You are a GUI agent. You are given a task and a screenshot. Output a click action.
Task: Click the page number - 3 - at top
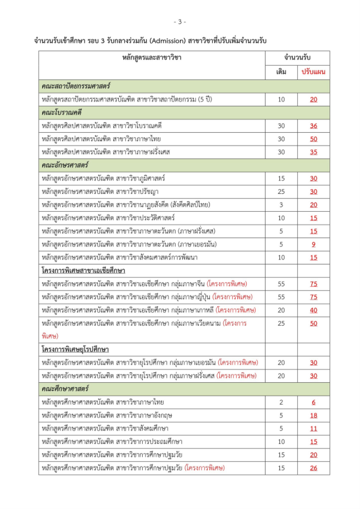180,22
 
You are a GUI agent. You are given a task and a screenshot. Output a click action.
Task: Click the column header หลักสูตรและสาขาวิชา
152,58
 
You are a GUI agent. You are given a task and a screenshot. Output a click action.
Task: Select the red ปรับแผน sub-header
313,72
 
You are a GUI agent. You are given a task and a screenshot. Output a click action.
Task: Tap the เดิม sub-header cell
281,72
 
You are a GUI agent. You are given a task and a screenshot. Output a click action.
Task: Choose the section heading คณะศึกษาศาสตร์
65,388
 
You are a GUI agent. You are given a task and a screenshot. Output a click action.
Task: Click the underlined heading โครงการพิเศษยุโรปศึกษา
76,349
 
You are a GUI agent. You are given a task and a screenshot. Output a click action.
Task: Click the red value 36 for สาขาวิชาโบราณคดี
313,126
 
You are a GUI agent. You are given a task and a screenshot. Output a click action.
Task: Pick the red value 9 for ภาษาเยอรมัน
313,245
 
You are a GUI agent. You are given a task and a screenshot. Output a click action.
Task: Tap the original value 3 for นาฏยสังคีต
281,205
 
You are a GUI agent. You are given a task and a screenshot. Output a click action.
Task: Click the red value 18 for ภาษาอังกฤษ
313,415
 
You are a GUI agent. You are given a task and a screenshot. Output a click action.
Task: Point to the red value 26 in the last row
313,468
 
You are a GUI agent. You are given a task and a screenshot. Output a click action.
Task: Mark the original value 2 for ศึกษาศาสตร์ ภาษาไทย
281,402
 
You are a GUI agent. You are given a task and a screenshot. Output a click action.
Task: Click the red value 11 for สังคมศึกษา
313,429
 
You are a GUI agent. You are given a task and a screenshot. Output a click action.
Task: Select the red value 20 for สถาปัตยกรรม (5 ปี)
313,99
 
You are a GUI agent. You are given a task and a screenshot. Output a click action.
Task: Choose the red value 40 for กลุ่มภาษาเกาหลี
313,310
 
